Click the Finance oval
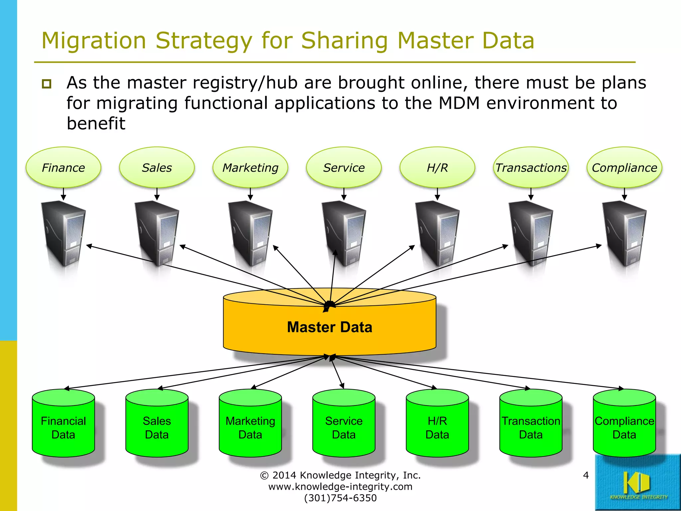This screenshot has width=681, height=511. tap(63, 167)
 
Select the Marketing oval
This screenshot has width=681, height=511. tap(250, 167)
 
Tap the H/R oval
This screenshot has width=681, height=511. tap(437, 167)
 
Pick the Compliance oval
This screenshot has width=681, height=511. tap(624, 167)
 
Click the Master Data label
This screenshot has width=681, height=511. tap(329, 327)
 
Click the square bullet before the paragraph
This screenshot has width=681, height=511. tap(47, 84)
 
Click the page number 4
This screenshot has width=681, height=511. tap(586, 475)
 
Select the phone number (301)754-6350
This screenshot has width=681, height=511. tap(340, 498)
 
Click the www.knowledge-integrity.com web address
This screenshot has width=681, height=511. tap(340, 487)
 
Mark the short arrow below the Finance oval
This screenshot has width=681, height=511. tap(64, 194)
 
